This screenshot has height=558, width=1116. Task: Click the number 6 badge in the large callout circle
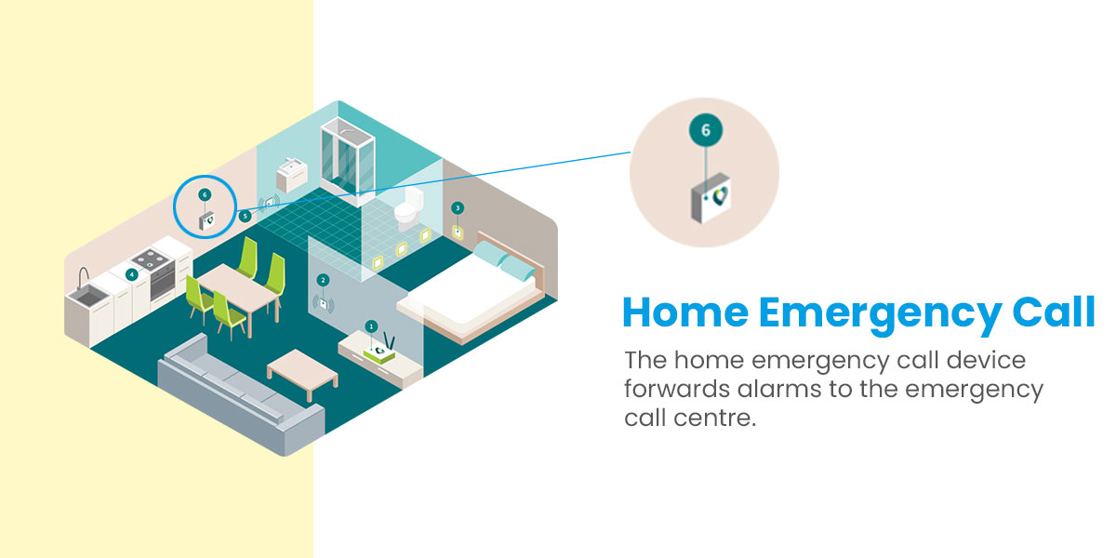pos(706,130)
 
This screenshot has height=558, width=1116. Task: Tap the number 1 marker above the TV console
pos(371,326)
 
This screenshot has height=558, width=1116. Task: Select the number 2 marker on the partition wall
pos(323,280)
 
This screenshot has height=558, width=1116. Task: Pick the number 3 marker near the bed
pos(458,208)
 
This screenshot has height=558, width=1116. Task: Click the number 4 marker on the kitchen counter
pos(131,274)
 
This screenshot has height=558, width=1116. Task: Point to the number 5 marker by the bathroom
pos(245,216)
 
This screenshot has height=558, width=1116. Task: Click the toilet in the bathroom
pos(409,206)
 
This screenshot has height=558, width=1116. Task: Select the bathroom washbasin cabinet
pos(292,175)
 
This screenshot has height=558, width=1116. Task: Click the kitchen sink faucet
pos(83,277)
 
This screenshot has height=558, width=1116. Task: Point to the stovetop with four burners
pos(152,259)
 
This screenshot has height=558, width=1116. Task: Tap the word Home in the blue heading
pos(685,312)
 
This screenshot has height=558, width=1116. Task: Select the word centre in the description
pos(715,418)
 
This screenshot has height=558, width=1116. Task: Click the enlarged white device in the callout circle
pos(711,198)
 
